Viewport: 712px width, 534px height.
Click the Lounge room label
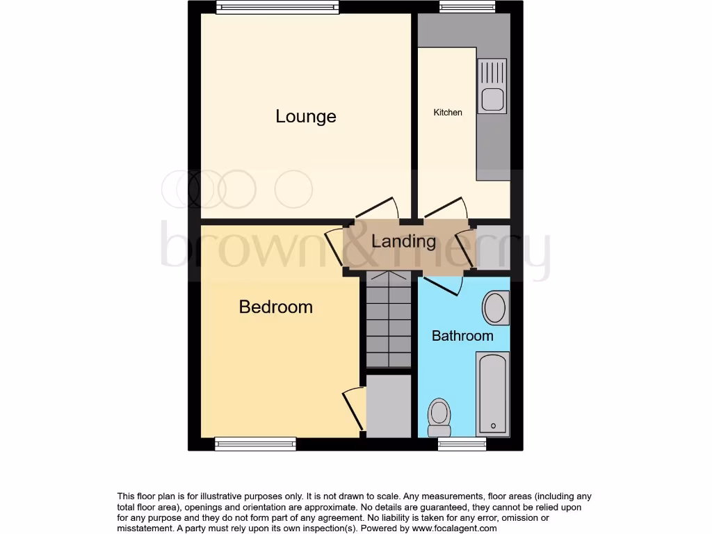tap(305, 116)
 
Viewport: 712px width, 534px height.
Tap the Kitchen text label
tap(448, 112)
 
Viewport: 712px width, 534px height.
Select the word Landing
tap(403, 241)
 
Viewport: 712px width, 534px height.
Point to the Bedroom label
tap(275, 307)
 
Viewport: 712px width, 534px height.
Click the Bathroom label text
tap(462, 336)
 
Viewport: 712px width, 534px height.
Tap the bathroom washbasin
tap(495, 307)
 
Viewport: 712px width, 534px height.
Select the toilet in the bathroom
tap(439, 414)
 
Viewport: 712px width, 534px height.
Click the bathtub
tap(492, 393)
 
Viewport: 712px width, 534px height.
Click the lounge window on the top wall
tap(277, 7)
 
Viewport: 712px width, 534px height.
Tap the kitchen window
tap(467, 7)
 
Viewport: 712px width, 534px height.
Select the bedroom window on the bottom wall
tap(255, 444)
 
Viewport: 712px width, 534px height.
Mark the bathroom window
tap(462, 444)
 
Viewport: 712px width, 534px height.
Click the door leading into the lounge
tap(376, 208)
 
